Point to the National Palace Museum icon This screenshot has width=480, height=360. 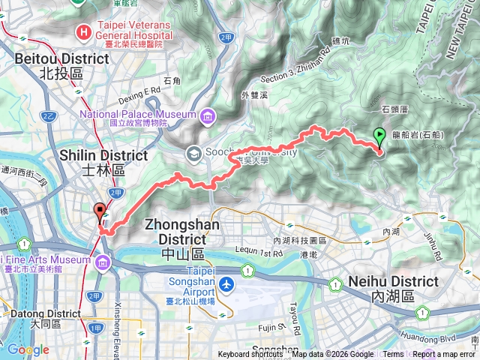206,115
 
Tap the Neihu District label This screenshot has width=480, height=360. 394,288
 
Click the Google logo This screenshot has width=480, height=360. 28,349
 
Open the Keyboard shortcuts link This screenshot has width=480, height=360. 250,355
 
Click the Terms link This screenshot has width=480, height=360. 393,355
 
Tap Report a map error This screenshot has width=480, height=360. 445,355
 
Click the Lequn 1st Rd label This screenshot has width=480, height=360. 252,254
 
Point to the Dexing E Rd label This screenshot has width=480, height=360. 142,91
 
